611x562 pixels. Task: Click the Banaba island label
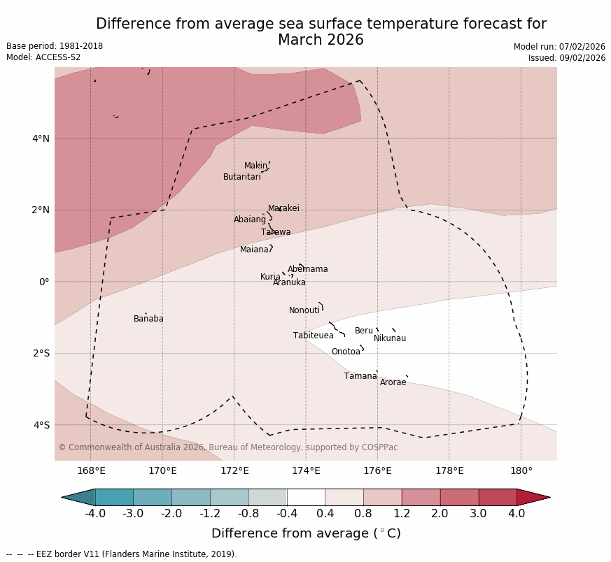[148, 319]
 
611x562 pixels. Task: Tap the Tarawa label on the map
[276, 232]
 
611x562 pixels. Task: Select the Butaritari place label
[241, 177]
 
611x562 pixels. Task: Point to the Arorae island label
[393, 382]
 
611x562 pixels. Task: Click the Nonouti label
[304, 310]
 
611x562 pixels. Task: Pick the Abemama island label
[307, 269]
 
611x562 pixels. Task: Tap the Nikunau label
[389, 338]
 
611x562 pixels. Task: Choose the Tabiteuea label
[313, 336]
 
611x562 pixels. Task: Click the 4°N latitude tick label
[41, 138]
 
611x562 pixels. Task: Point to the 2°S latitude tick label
[41, 353]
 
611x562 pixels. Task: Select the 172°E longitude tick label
[234, 471]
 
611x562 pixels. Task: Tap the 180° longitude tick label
[521, 471]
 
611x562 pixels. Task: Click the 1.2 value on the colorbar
[401, 514]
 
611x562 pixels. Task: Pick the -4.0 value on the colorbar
[95, 514]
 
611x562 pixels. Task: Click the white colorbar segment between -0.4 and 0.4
[306, 497]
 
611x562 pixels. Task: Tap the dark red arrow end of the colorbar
[533, 497]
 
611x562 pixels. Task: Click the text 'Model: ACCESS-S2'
[43, 57]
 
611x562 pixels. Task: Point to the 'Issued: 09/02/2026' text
[566, 58]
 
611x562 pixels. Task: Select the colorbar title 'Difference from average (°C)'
[306, 533]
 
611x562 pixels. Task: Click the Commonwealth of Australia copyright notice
[227, 447]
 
